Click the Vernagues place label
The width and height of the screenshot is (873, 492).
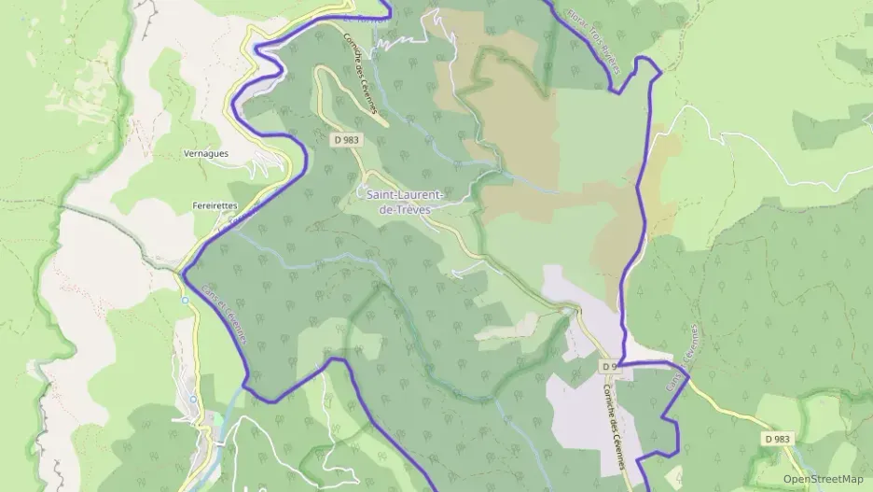pyautogui.click(x=206, y=154)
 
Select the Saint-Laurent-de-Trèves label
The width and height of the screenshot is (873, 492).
pyautogui.click(x=400, y=202)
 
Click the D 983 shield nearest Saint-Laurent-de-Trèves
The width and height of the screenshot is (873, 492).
pyautogui.click(x=345, y=138)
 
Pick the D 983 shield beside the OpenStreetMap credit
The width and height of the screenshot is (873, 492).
pyautogui.click(x=779, y=438)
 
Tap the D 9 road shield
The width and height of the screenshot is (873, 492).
pyautogui.click(x=609, y=365)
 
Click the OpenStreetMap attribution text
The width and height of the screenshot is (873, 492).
pyautogui.click(x=823, y=479)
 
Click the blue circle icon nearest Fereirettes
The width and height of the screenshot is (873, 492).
pyautogui.click(x=186, y=300)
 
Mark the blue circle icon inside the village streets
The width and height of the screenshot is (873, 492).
pyautogui.click(x=193, y=399)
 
